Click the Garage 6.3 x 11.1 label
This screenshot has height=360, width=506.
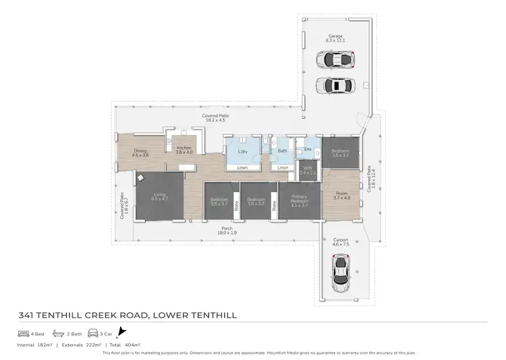pyautogui.click(x=336, y=38)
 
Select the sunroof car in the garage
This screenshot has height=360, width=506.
pyautogui.click(x=336, y=86)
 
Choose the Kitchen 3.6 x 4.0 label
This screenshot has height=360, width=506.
pyautogui.click(x=184, y=150)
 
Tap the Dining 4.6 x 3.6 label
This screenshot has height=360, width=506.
pyautogui.click(x=140, y=152)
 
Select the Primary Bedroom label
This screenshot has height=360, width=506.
pyautogui.click(x=300, y=200)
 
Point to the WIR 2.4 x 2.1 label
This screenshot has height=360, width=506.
pyautogui.click(x=308, y=171)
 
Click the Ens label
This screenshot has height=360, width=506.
pyautogui.click(x=308, y=149)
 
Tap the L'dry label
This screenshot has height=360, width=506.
pyautogui.click(x=243, y=152)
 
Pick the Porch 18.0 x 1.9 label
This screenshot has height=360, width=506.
pyautogui.click(x=228, y=231)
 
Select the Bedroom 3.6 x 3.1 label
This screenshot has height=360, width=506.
pyautogui.click(x=340, y=152)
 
